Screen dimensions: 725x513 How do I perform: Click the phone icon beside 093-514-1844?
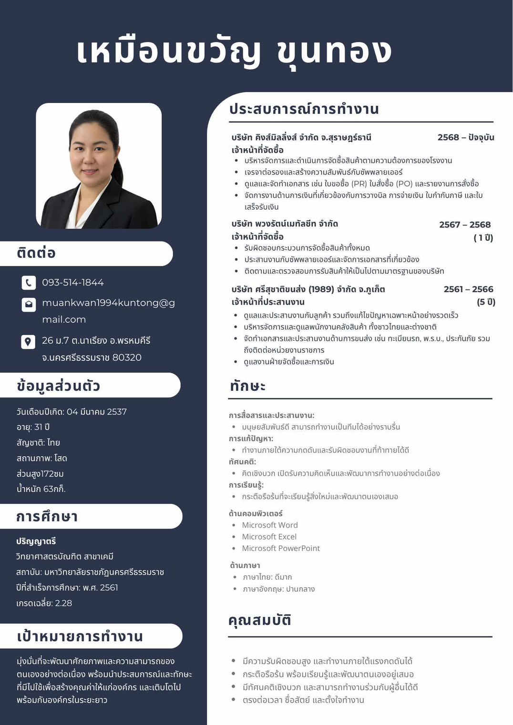point(29,283)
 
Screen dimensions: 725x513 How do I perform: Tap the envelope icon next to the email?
point(29,304)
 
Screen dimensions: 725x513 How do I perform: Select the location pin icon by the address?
point(28,341)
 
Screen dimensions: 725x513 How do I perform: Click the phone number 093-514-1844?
point(73,283)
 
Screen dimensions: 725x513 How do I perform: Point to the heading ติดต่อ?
point(36,253)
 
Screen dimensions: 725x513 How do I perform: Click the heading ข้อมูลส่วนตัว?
point(58,386)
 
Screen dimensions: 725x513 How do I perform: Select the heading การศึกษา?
point(47,517)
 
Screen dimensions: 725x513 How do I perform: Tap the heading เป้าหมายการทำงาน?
point(80,636)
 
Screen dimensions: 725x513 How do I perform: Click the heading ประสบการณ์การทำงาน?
point(304,109)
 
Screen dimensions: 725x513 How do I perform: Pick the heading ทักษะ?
point(247,386)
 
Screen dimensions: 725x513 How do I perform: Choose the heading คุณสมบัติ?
point(259,620)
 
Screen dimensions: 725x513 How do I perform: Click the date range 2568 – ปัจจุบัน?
point(465,137)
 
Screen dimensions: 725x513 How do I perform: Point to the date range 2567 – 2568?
point(465,225)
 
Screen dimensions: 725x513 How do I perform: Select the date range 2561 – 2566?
point(468,289)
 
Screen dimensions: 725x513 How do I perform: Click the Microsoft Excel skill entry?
point(269,537)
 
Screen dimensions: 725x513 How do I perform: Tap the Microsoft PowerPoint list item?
point(281,548)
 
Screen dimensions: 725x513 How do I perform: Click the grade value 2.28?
point(63,603)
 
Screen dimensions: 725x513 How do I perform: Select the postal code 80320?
point(127,357)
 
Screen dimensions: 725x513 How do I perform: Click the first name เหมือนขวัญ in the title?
point(169,51)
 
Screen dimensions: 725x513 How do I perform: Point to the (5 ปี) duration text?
point(486,302)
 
